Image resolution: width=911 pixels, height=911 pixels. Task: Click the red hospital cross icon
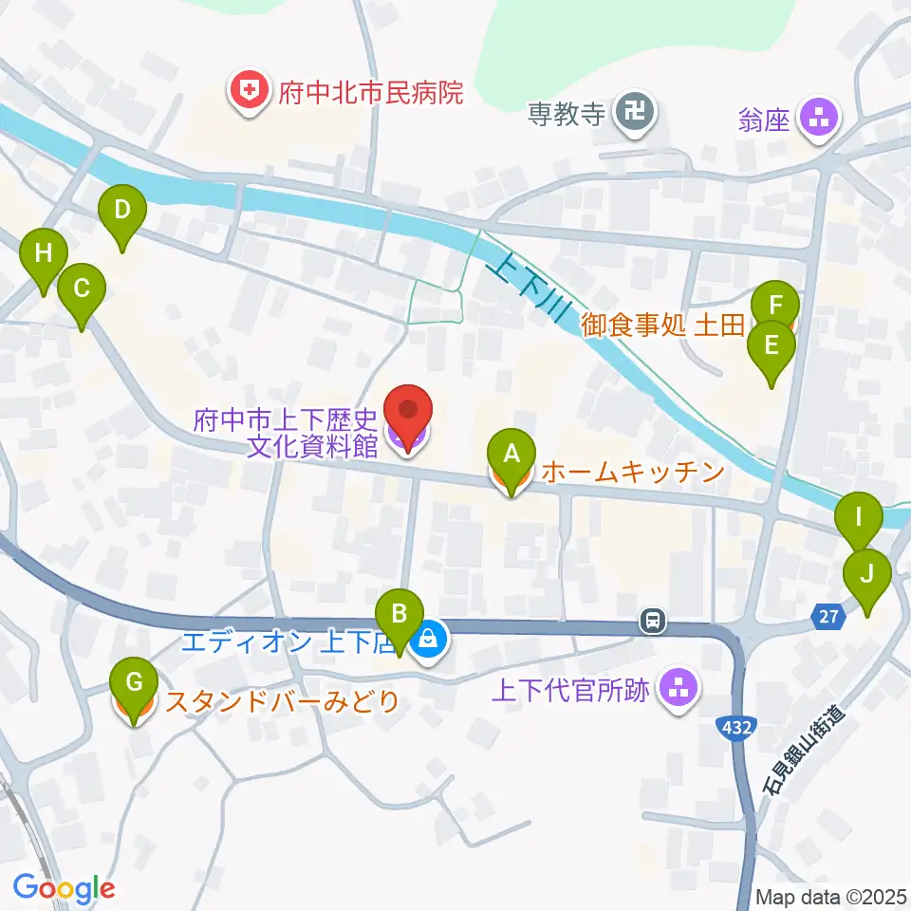[x=249, y=92]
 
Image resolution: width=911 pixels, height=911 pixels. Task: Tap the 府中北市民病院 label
[x=370, y=93]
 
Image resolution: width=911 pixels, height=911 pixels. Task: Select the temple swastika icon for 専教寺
[x=633, y=116]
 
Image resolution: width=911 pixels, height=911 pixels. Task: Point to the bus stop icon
[x=652, y=622]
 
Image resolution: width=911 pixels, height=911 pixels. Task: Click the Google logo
[x=65, y=888]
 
